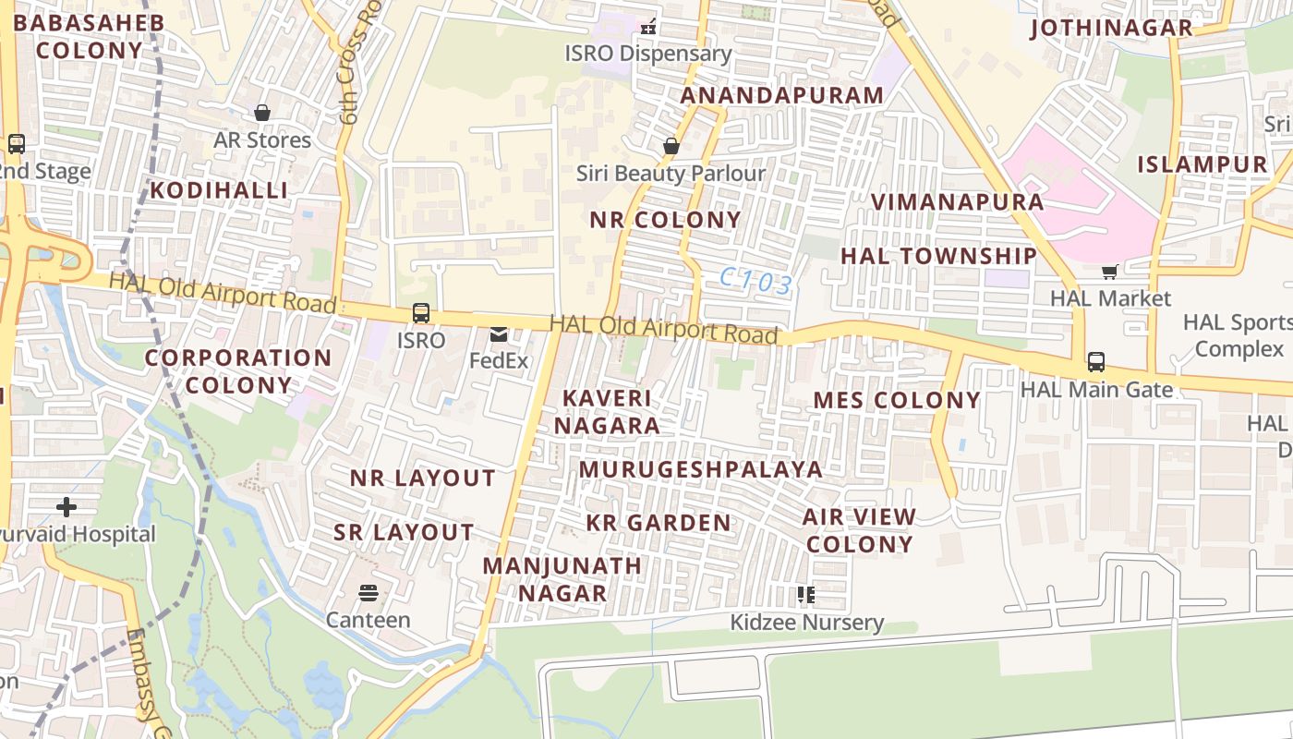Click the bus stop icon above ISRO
[x=421, y=313]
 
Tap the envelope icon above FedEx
[x=499, y=334]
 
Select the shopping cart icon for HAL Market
[x=1109, y=272]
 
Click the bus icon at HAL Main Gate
[x=1096, y=362]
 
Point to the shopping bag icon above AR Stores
[x=262, y=113]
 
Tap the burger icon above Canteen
[x=368, y=593]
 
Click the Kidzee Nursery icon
[x=806, y=594]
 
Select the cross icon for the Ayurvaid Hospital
[x=66, y=507]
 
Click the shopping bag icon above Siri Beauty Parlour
[x=671, y=146]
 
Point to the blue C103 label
[x=756, y=282]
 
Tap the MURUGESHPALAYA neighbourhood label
[x=701, y=469]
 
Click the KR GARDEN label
[x=659, y=523]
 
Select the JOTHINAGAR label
[x=1111, y=28]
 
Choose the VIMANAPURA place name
[x=958, y=202]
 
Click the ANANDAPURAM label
[x=782, y=95]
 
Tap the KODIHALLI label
[x=219, y=190]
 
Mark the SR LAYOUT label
[x=404, y=532]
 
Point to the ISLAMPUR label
[x=1202, y=164]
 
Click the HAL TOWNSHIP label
[x=938, y=256]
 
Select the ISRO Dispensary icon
[x=649, y=26]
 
